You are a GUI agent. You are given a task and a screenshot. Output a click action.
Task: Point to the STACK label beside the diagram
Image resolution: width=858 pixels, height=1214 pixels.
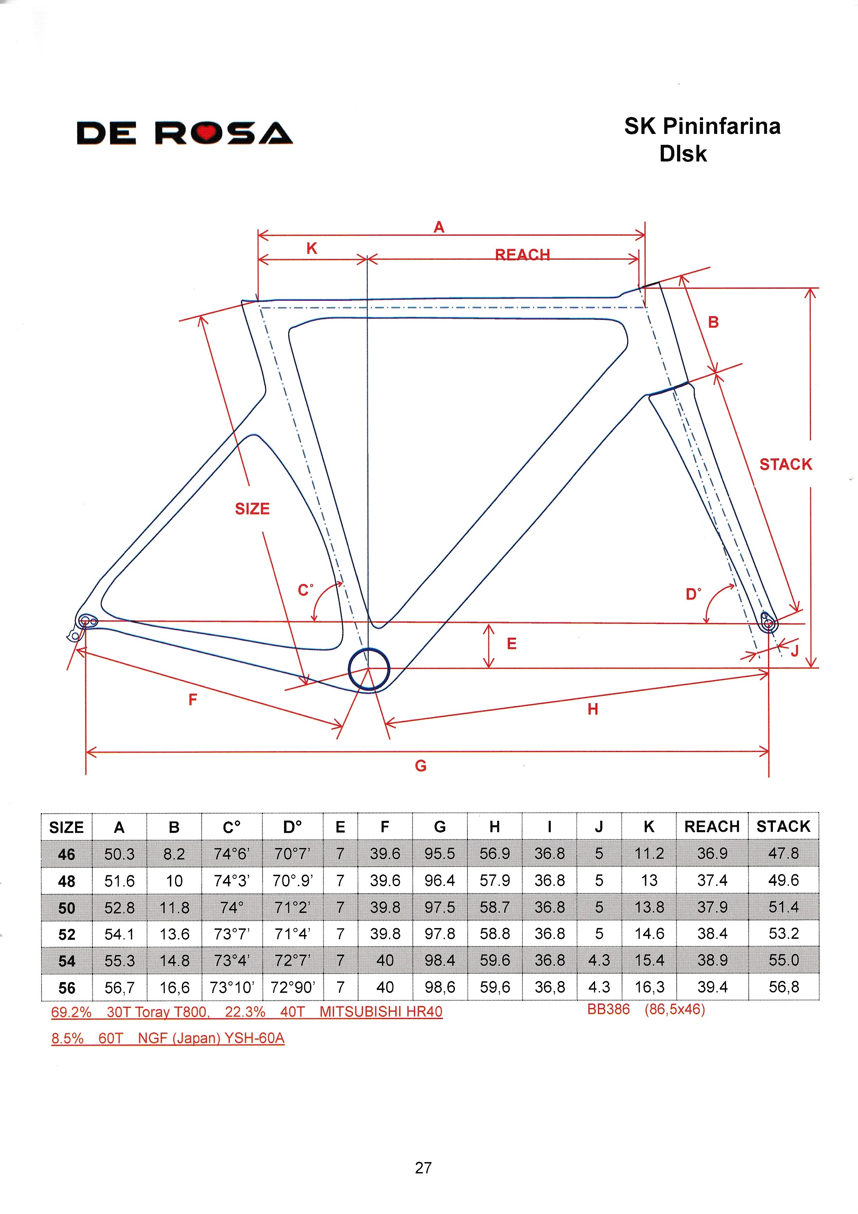(786, 464)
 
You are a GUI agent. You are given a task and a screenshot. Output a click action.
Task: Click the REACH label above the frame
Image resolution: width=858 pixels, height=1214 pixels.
(522, 255)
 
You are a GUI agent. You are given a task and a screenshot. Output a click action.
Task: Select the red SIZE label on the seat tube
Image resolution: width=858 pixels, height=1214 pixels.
(253, 509)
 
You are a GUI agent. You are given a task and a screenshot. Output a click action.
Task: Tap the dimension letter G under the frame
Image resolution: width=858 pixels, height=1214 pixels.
(421, 766)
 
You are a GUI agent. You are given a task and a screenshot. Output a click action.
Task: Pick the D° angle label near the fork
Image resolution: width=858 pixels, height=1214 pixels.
(693, 594)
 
